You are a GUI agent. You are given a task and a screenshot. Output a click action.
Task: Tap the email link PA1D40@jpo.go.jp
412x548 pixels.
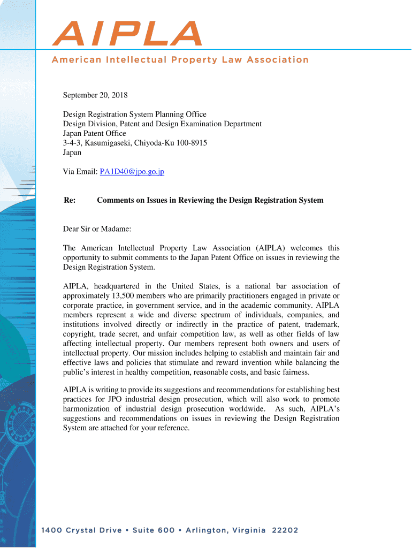pyautogui.click(x=131, y=172)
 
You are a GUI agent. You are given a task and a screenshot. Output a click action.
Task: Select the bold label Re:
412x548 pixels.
pyautogui.click(x=70, y=200)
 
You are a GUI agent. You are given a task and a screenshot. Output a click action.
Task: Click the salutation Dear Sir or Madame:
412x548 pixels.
pyautogui.click(x=97, y=229)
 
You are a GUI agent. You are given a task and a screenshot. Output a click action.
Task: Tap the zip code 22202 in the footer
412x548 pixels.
pyautogui.click(x=285, y=531)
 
